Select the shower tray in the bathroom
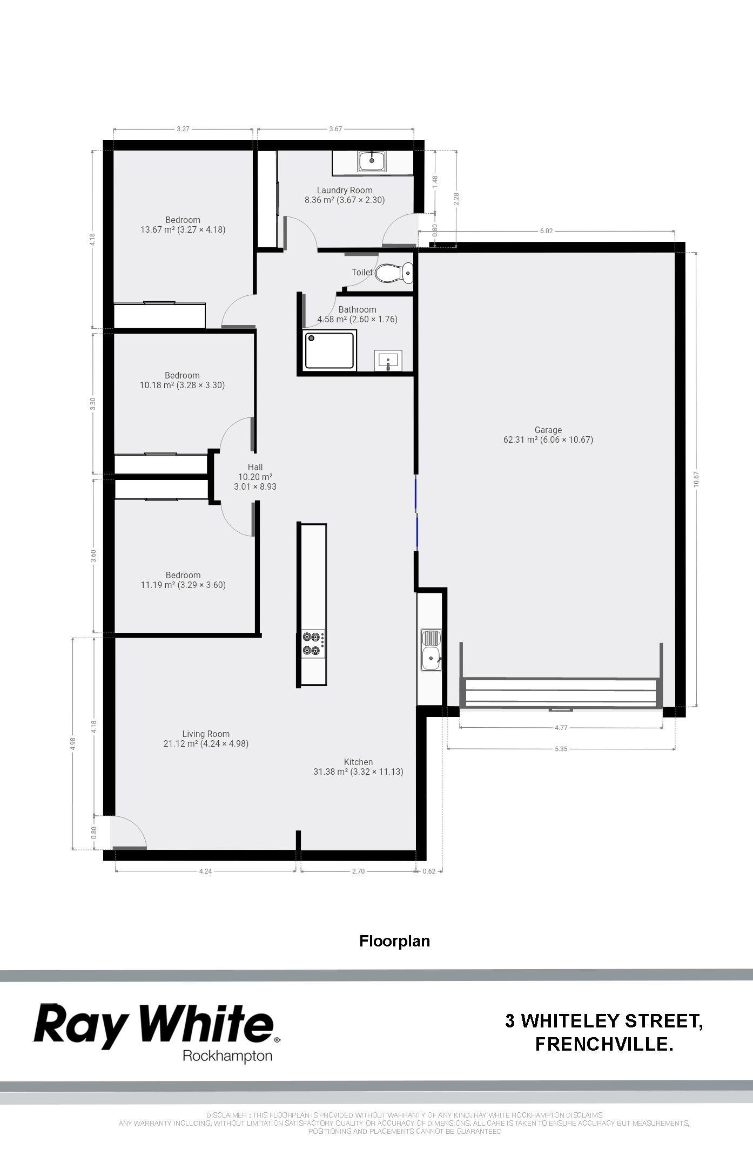330,351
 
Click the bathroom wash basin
388,360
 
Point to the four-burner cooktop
313,644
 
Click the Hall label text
256,467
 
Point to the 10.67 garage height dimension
696,479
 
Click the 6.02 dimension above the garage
546,231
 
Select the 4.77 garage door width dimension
561,727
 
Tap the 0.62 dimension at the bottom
429,871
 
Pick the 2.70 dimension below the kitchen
358,871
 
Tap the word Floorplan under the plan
395,941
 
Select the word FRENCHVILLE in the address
604,1044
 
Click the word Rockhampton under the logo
227,1057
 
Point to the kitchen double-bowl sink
431,650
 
